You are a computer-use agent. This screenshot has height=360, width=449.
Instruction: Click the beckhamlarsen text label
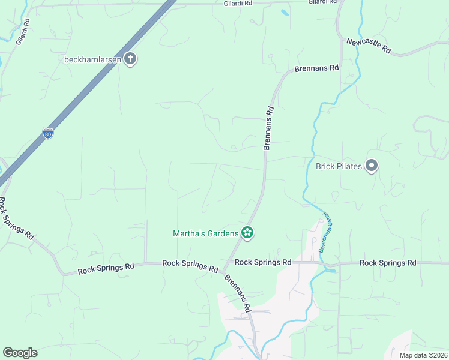(x=93, y=59)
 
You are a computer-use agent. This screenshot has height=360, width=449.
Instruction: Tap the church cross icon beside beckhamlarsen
(x=130, y=59)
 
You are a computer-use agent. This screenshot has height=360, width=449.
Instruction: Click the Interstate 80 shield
(x=48, y=133)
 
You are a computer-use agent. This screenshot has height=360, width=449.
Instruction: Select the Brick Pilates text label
(x=339, y=166)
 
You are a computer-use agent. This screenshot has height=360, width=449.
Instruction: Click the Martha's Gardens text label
(x=205, y=233)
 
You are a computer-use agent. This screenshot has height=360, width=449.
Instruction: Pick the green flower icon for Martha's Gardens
(x=247, y=233)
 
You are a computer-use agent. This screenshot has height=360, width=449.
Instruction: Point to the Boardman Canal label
(x=324, y=232)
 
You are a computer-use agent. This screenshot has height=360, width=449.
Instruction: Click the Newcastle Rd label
(x=369, y=46)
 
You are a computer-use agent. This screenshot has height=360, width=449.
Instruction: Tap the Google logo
(x=20, y=353)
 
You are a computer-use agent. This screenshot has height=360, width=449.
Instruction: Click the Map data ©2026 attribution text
(x=423, y=355)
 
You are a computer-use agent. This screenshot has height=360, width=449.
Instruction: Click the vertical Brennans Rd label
(x=269, y=127)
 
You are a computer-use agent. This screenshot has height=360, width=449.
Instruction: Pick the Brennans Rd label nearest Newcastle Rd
(x=317, y=68)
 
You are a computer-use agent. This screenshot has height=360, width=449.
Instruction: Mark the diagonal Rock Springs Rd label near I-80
(x=16, y=219)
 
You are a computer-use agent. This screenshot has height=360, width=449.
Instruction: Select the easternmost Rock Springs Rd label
(x=388, y=263)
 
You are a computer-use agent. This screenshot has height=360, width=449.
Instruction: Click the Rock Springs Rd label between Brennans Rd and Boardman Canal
(x=263, y=262)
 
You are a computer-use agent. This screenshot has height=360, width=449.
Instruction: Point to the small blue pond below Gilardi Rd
(x=284, y=12)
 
